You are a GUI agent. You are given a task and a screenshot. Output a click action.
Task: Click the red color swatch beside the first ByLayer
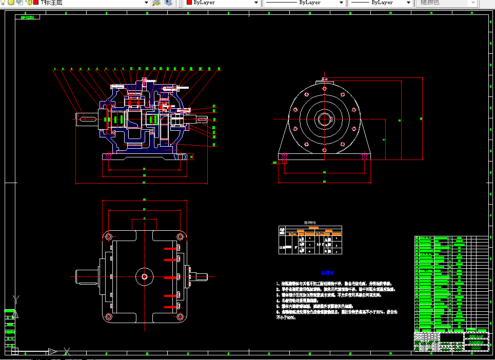[x=189, y=3]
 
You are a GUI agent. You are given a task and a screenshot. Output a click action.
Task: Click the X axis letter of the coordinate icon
[x=67, y=351]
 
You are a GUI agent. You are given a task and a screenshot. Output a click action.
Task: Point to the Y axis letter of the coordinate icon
[x=16, y=298]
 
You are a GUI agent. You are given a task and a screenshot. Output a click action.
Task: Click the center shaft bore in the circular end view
[x=324, y=119]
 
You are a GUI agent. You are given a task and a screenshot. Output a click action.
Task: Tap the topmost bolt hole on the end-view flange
[x=324, y=88]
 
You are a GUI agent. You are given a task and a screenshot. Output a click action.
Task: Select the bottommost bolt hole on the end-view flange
[x=324, y=150]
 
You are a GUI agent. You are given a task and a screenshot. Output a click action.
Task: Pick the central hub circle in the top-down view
[x=144, y=277]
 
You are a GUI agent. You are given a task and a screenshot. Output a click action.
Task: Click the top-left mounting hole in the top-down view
[x=109, y=237]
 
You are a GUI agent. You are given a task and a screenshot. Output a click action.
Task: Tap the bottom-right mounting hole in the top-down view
[x=180, y=317]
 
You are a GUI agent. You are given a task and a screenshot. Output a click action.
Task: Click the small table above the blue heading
[x=310, y=239]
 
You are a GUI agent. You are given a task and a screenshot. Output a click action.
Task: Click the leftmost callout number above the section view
[x=55, y=68]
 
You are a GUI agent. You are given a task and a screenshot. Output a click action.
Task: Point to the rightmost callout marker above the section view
[x=219, y=68]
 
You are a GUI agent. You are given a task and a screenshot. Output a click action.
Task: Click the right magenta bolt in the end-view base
[x=365, y=156]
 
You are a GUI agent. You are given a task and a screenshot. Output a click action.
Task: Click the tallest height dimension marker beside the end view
[x=421, y=119]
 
